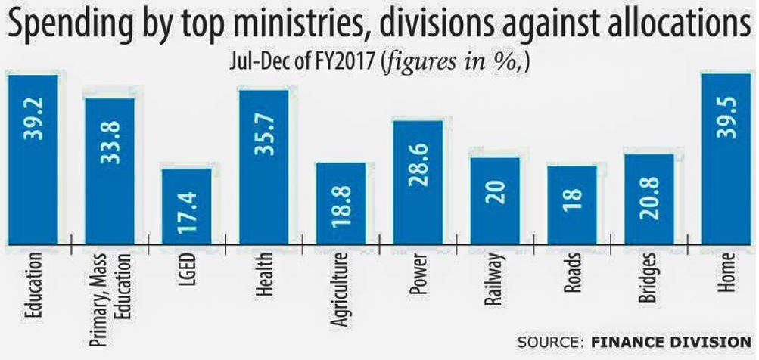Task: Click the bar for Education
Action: pyautogui.click(x=33, y=159)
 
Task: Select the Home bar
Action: pyautogui.click(x=726, y=159)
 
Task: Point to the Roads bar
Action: pyautogui.click(x=572, y=204)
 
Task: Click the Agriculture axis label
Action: pyautogui.click(x=340, y=290)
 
